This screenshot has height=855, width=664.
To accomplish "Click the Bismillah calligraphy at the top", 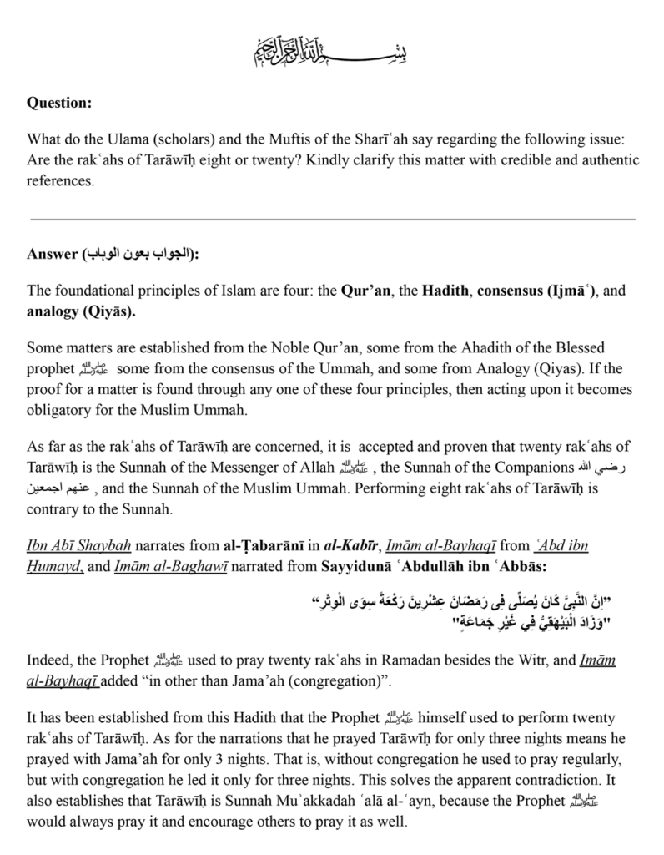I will tap(332, 53).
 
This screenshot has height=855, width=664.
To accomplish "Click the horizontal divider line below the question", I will tap(332, 219).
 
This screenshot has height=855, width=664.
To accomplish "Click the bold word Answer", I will tap(52, 255).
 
